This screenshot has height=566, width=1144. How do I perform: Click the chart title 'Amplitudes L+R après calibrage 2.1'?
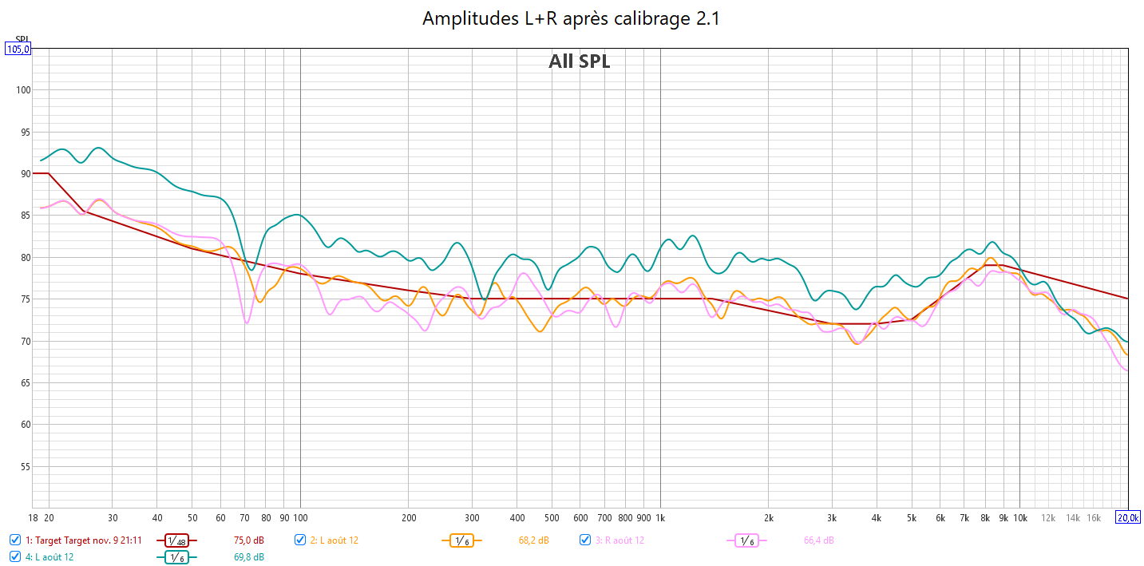[571, 18]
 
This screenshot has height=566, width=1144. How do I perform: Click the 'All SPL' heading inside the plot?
[579, 61]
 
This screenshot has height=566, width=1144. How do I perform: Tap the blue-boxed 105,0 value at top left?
[18, 49]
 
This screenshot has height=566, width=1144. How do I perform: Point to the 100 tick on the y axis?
[23, 90]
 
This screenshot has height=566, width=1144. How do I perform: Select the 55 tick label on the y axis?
[23, 466]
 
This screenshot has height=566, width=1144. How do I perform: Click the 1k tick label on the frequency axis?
[660, 517]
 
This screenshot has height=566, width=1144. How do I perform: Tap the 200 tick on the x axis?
[408, 517]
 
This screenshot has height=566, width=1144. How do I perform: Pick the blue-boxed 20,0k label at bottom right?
[1128, 517]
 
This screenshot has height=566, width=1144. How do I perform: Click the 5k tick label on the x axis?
[912, 517]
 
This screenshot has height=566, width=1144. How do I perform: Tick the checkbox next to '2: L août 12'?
[300, 540]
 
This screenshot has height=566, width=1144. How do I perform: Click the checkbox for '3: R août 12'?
[585, 540]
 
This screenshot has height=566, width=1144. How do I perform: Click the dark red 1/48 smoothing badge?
[177, 540]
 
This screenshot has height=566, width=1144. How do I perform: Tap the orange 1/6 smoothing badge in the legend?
[461, 540]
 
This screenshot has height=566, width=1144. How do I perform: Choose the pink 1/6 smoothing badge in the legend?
[746, 540]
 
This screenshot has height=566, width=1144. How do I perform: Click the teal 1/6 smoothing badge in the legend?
[177, 557]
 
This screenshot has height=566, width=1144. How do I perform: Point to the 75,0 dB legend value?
[249, 540]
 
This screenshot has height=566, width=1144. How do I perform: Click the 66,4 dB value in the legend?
[818, 540]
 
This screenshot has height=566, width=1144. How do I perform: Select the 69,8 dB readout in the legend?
[249, 557]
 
